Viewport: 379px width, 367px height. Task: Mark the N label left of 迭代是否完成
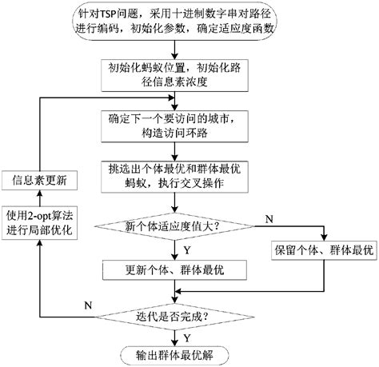pyautogui.click(x=88, y=305)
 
